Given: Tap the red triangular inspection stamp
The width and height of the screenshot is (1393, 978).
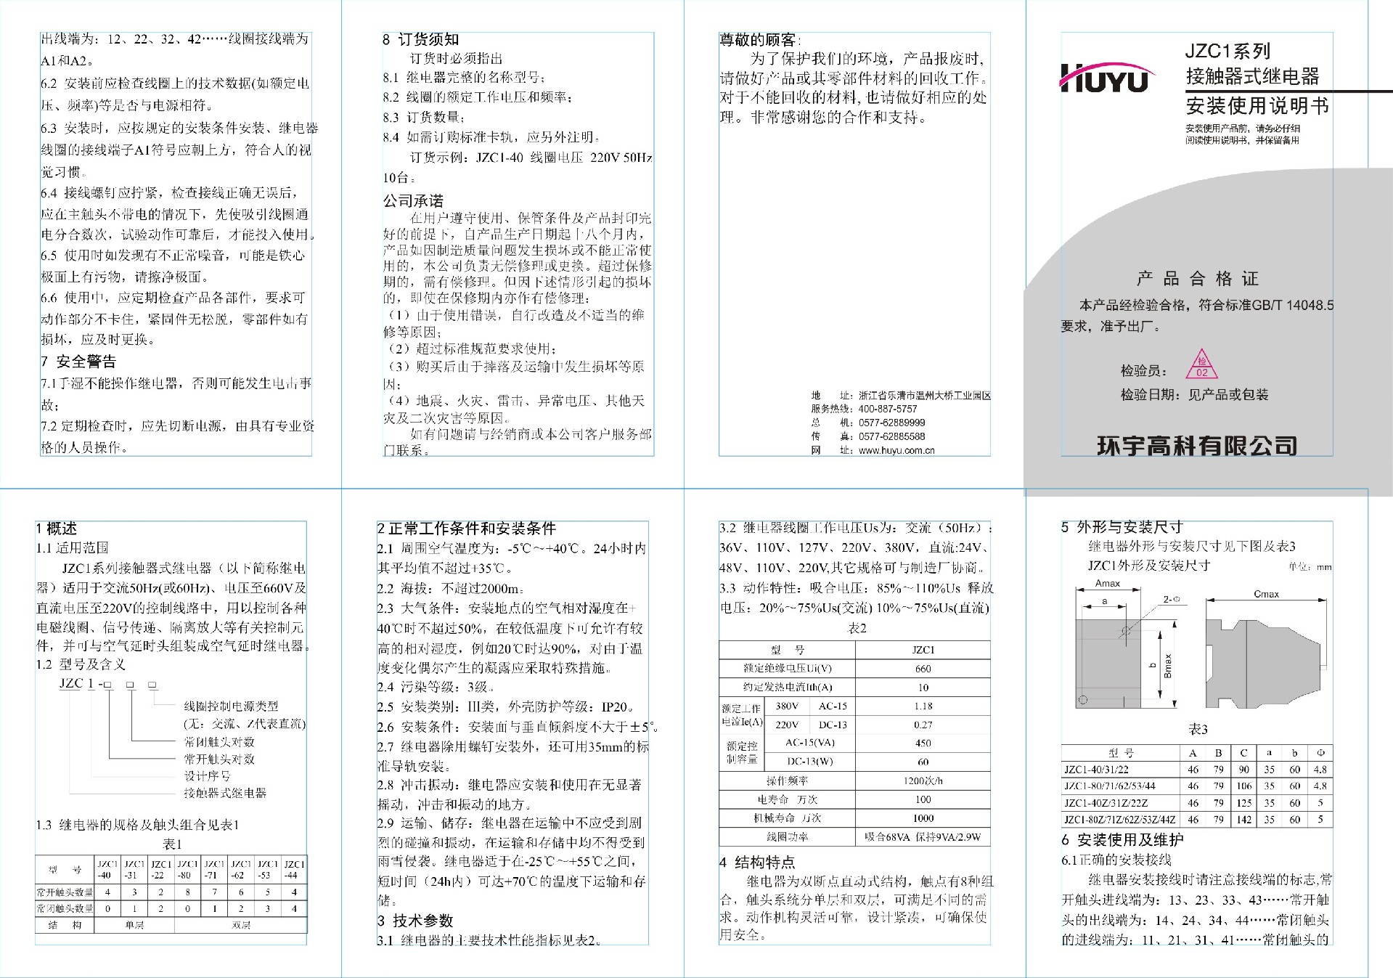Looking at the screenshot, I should [1201, 365].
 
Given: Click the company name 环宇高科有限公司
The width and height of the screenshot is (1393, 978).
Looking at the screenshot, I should [1196, 445].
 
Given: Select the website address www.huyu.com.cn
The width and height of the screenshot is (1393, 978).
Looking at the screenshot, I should [896, 450].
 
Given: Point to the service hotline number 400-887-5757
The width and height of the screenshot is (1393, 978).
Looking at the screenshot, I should [888, 409].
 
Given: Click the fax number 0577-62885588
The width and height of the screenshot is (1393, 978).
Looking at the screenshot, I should [891, 436].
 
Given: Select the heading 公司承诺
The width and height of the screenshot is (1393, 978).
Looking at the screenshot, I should [413, 200].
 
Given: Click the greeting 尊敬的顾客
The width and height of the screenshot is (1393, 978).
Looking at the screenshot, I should [759, 40].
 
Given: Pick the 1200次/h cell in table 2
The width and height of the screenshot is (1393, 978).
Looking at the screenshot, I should [923, 781].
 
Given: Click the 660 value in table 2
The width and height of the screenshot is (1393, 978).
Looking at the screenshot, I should [923, 669].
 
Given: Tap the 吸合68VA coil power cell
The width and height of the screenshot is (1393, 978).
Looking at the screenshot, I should [923, 837].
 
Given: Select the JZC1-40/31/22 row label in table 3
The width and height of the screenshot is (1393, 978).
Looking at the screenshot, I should [1096, 770].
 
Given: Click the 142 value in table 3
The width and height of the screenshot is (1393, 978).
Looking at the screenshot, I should [1243, 820].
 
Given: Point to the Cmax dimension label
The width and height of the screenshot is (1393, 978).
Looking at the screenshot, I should [1266, 594].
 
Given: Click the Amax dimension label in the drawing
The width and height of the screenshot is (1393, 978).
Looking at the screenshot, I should [1107, 583].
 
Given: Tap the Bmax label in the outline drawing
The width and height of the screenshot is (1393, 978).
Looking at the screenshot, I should [1167, 666].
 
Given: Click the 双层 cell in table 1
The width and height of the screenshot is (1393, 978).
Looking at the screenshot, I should [241, 925].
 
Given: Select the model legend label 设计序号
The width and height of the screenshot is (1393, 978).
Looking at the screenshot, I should [206, 776].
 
